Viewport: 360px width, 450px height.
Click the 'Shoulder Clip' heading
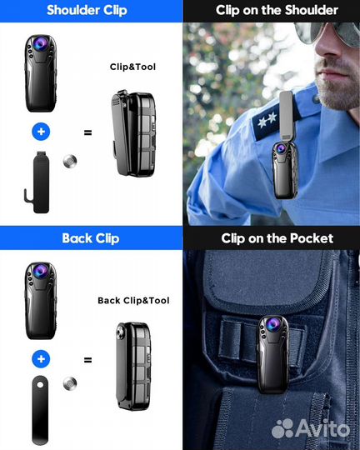87,10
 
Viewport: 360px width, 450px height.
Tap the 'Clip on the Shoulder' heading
277,10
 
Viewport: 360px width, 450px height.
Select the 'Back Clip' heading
91,238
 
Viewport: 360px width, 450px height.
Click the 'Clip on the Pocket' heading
277,238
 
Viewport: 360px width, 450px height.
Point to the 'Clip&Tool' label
132,67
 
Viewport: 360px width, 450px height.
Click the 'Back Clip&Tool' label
133,301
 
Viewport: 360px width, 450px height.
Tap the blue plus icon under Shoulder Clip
41,132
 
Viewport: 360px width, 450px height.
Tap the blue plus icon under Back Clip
41,358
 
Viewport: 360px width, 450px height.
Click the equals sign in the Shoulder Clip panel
87,132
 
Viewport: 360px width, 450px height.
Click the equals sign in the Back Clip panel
87,360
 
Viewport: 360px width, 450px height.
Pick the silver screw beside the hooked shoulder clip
70,161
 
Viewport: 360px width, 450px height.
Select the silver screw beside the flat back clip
70,383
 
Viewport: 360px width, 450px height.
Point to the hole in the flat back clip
40,384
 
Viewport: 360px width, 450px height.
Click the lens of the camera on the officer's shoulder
281,148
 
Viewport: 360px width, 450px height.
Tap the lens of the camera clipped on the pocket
272,323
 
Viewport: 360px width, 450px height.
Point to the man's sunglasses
327,32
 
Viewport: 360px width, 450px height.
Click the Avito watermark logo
311,429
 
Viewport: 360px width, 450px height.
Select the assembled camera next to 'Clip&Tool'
134,133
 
